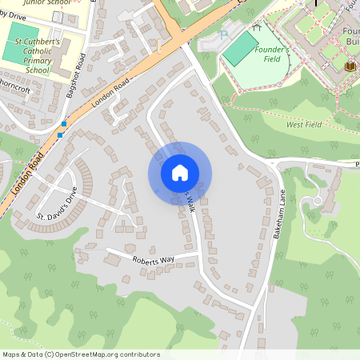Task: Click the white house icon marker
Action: (180, 173)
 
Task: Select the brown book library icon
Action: (349, 66)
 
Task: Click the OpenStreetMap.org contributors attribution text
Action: (113, 354)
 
